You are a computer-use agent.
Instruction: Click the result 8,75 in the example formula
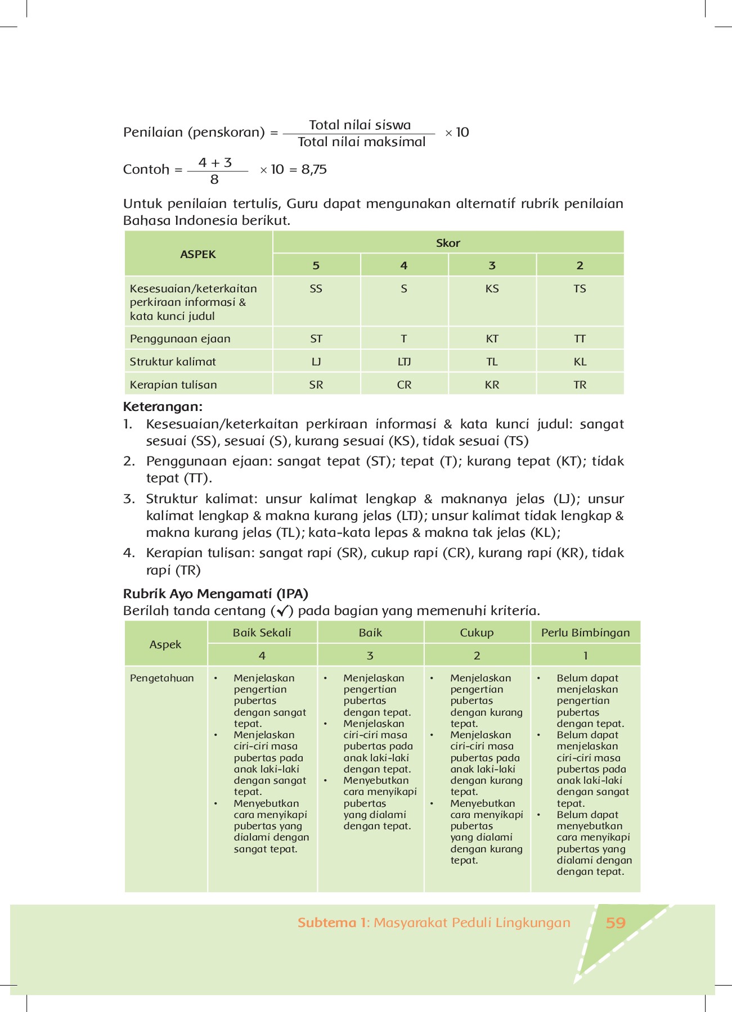point(314,169)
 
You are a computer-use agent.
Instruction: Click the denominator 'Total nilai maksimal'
point(361,142)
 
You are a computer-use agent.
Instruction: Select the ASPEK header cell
point(198,254)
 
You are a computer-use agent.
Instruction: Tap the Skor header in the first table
point(448,243)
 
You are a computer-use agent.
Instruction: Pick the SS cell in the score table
point(316,288)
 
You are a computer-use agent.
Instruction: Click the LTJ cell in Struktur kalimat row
point(404,362)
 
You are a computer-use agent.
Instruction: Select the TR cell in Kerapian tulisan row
point(580,385)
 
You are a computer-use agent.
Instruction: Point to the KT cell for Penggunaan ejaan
point(492,338)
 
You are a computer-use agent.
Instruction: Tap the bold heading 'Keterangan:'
point(163,406)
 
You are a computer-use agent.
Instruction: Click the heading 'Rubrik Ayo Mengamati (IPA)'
point(215,594)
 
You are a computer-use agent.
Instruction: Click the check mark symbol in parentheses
point(282,611)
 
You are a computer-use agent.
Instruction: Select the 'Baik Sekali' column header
point(262,632)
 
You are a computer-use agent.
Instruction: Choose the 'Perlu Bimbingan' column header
point(585,632)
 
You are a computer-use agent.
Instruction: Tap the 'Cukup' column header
point(477,632)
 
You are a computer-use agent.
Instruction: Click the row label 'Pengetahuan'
point(161,678)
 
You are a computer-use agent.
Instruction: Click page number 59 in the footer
point(616,923)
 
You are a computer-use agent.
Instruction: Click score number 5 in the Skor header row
point(316,265)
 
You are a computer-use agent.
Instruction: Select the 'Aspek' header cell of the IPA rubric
point(165,644)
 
